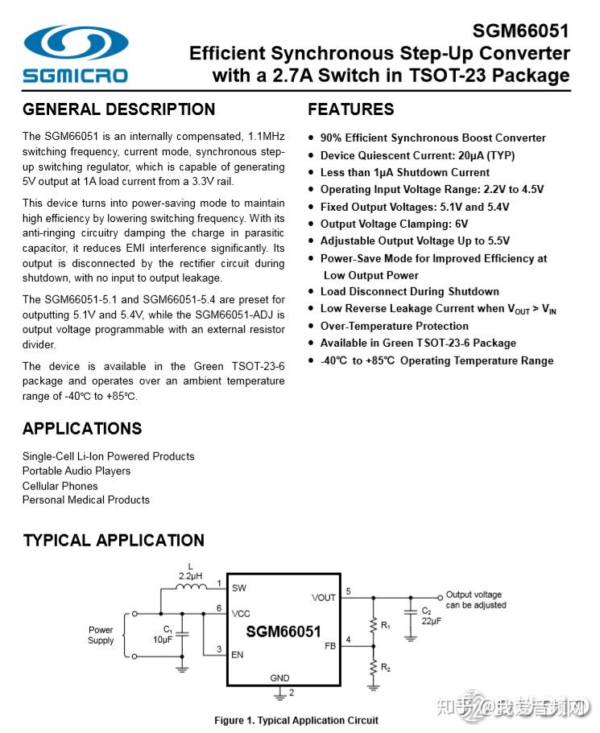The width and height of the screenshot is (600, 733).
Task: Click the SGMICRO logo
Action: [76, 54]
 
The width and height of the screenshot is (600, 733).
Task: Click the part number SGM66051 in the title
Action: [520, 31]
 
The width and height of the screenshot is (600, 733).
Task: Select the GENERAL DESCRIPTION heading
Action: [119, 109]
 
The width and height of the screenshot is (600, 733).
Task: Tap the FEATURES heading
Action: [351, 109]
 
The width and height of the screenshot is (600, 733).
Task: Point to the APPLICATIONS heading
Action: [82, 428]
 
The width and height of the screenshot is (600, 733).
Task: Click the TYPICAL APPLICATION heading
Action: [114, 540]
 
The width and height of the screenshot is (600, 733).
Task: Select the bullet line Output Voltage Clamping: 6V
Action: [394, 224]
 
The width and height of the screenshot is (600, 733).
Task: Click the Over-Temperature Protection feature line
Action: [394, 326]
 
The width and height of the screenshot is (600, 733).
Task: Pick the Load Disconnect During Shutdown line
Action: [409, 291]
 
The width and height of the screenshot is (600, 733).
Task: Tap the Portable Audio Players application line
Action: [77, 471]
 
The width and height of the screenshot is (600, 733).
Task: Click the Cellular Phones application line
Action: [60, 485]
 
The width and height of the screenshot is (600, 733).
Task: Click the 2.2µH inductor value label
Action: [191, 576]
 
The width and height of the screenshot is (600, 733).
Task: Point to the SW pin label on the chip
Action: [239, 588]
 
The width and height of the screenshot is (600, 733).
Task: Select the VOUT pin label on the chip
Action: [324, 598]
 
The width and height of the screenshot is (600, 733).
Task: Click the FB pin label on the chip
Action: [329, 645]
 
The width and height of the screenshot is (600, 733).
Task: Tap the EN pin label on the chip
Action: [238, 655]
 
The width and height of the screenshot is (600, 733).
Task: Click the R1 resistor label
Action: [386, 625]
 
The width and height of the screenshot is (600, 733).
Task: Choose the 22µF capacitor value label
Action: [431, 620]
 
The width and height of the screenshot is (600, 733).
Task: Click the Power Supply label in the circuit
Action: [101, 635]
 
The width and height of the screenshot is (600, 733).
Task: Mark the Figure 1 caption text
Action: [296, 720]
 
